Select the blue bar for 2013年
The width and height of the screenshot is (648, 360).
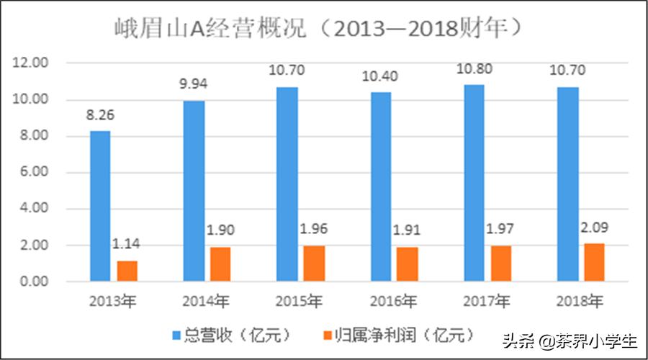(100, 205)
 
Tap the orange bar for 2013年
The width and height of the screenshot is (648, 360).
(127, 270)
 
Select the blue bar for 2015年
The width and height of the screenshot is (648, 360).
(287, 184)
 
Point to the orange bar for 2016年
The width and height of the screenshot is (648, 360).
(408, 264)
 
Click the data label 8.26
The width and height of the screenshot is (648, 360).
(100, 114)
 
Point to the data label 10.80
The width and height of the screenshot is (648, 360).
(474, 70)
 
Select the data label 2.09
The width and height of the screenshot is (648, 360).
(595, 228)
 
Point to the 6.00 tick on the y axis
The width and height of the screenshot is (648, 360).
(33, 172)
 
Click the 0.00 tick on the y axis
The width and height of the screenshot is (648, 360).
(33, 282)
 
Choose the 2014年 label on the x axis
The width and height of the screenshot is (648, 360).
(207, 301)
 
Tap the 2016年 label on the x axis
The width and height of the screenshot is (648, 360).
(394, 301)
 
